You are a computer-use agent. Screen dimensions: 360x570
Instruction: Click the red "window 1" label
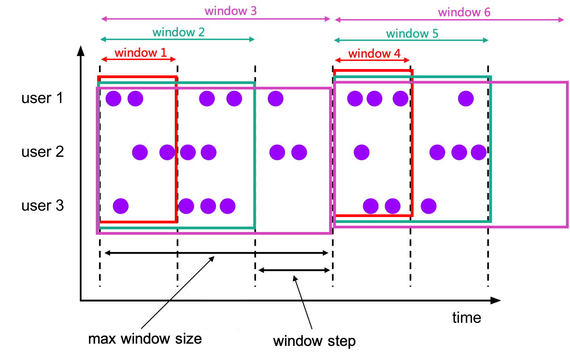coord(140,53)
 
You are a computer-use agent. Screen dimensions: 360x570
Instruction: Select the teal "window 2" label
coord(178,32)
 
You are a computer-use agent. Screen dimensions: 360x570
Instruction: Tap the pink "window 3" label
coord(231,11)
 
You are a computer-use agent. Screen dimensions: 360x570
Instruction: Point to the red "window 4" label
coord(374,54)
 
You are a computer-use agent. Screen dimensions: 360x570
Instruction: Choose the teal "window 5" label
coord(412,34)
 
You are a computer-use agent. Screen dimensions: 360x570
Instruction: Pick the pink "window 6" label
coord(464,12)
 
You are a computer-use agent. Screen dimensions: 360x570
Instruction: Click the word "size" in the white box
coord(190,339)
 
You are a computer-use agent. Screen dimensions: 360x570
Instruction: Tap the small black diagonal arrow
coord(207,263)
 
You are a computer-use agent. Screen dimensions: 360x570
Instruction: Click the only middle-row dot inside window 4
coord(362,153)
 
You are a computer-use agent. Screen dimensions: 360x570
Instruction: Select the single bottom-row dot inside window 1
coord(121,206)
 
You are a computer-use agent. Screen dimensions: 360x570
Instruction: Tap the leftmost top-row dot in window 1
coord(113,99)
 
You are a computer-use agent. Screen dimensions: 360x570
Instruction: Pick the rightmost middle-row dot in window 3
coord(299,153)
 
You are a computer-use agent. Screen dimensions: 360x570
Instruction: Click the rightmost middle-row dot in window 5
coord(478,153)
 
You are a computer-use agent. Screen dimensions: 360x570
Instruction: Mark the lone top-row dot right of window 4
coord(466,99)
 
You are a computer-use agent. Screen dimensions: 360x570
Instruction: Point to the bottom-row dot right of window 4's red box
coord(428,206)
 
